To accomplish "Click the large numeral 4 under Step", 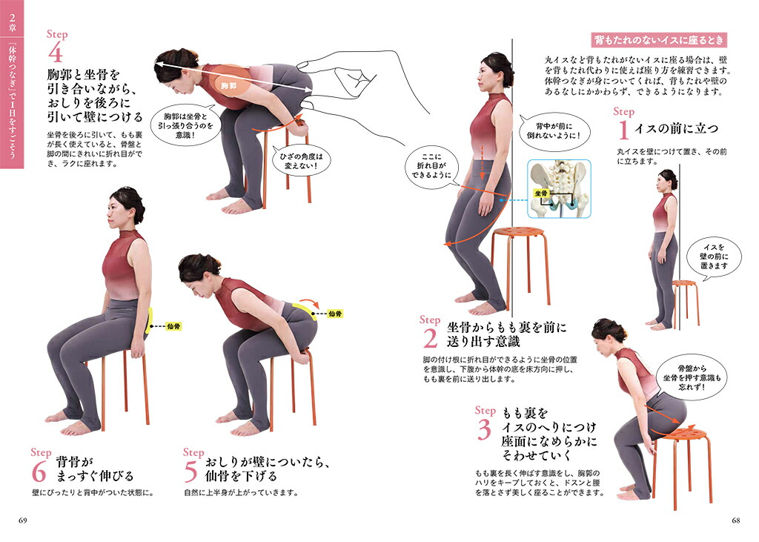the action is (55, 53).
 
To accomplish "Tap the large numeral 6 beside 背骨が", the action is (39, 472).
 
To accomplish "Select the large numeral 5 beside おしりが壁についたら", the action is (190, 472).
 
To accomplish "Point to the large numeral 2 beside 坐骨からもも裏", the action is (430, 338).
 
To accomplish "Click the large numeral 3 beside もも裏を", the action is (484, 429).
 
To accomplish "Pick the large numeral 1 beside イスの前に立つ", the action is (623, 129).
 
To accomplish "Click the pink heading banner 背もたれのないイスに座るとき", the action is (659, 40).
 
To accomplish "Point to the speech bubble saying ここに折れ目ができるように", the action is (431, 165).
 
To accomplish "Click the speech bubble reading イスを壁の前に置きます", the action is (715, 257).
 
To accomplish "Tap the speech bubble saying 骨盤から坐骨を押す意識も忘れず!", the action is (692, 378).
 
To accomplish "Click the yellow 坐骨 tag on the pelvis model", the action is (540, 194).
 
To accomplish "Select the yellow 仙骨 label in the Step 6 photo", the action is (173, 326).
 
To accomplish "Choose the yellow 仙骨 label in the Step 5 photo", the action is (335, 314).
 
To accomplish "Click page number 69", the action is (23, 520).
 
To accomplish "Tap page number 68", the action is (735, 520).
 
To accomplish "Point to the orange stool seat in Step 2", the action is (518, 233).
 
